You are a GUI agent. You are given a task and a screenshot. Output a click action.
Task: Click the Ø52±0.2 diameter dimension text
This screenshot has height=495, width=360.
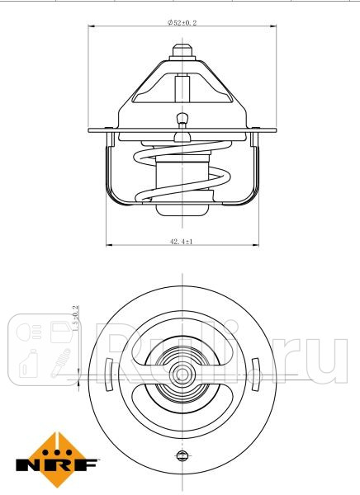tap(181, 24)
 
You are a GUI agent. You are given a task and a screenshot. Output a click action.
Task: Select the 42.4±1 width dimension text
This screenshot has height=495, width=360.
tap(181, 241)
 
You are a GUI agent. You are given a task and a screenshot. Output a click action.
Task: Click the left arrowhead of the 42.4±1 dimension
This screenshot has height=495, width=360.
tap(109, 246)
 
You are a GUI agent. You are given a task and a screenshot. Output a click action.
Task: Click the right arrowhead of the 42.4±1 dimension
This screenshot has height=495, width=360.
tap(254, 246)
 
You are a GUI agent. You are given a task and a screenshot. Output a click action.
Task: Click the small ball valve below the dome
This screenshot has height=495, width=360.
tap(181, 120)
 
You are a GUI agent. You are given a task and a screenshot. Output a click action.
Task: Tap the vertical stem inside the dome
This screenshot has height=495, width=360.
tap(181, 87)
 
